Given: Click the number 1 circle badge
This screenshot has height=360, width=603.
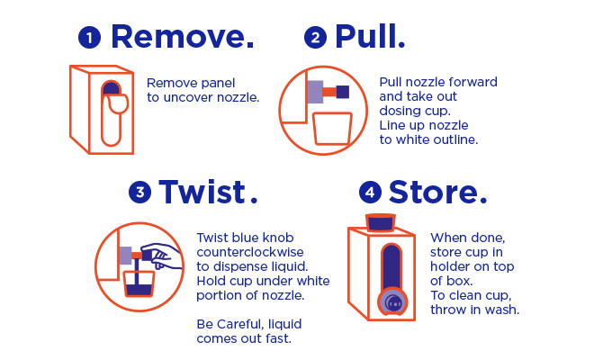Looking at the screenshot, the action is pos(89,37).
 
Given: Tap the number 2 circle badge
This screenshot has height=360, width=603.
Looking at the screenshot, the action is pos(315,37).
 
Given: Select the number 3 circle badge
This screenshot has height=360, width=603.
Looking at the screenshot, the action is pos(140,192).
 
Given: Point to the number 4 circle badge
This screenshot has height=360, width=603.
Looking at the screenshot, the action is pos(370,192).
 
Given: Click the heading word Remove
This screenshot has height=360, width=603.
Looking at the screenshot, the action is pos(183,37).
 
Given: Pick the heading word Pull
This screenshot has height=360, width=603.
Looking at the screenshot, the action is pos(370,36).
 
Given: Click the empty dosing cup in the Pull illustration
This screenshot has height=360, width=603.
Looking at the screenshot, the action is pos(332,129).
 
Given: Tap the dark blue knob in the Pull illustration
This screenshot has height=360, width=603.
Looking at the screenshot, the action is pos(343,92).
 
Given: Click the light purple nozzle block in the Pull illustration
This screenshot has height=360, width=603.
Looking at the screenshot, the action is pos(315,92).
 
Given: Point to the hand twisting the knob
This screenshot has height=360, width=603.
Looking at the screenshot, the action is pos(161,255).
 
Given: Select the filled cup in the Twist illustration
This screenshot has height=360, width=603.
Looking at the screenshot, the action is pos(139,283).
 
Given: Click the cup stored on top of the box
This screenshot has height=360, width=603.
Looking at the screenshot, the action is pos(381,222).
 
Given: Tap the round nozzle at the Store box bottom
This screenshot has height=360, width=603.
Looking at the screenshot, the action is pos(392,301).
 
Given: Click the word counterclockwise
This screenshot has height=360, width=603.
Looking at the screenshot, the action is pos(250,252).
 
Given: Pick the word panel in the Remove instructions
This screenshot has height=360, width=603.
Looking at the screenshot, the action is pos(217,83).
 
